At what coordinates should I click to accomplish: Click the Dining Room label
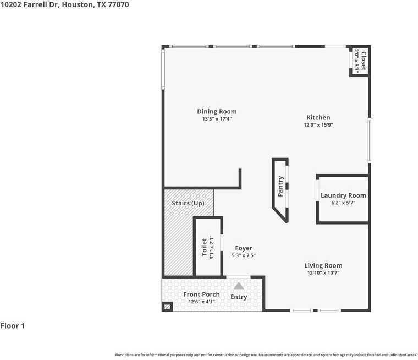pos(217,111)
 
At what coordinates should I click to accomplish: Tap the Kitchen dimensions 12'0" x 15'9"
pos(318,125)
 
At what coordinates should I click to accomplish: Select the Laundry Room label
pos(343,195)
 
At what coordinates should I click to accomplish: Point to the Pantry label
pos(280,186)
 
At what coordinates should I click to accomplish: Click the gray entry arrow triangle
pos(239,286)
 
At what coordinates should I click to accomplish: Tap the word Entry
pos(239,297)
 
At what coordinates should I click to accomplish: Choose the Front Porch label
pos(201,294)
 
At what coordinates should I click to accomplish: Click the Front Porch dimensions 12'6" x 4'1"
pos(201,302)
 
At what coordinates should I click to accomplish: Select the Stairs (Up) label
pos(188,203)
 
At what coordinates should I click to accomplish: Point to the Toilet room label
pos(204,247)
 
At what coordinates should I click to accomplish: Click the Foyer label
pos(244,248)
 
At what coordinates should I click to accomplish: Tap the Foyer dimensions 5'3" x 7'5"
pos(244,255)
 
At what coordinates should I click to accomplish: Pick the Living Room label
pos(323,265)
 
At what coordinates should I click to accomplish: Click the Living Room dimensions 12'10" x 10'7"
pos(323,273)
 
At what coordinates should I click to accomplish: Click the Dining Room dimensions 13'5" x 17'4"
pos(217,119)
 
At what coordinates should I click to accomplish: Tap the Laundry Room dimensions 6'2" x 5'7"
pos(343,203)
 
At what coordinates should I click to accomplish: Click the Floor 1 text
pos(13,326)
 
